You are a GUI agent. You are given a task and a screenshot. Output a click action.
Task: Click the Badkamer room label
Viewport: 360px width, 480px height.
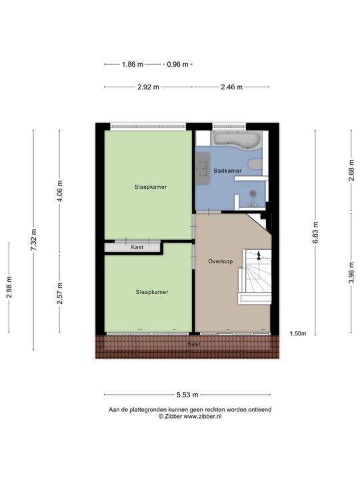227,171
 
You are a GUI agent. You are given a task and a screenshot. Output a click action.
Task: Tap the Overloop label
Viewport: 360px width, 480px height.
220,261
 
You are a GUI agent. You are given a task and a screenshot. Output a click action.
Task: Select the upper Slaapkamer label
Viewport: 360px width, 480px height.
150,187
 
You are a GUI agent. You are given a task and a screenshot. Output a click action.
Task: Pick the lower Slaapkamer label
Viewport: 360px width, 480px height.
152,292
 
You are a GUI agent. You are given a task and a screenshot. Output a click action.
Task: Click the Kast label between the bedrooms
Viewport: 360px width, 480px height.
137,247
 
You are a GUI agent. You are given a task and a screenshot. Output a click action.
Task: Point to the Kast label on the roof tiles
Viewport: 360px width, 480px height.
193,343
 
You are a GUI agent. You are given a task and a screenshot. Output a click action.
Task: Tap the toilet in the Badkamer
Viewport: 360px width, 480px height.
254,165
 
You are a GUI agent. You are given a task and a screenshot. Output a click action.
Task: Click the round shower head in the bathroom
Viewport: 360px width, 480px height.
252,194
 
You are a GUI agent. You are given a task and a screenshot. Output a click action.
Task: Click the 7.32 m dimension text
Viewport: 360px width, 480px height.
33,237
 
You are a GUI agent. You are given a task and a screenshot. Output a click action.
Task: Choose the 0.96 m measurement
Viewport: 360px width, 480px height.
177,65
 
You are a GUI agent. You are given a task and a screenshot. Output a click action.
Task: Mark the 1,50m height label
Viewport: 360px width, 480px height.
297,333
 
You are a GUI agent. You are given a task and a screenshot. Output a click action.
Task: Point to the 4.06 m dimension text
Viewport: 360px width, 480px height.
60,191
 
